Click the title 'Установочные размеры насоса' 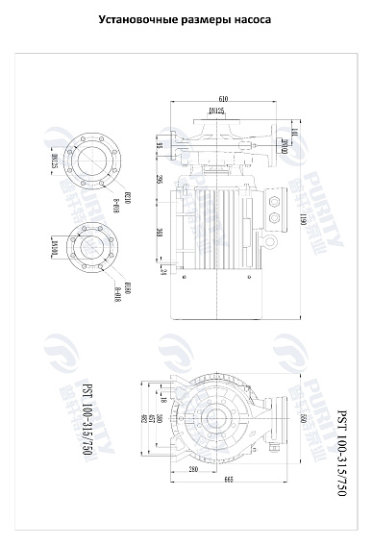click(x=186, y=18)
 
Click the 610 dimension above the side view click(x=223, y=99)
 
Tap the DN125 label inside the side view click(x=216, y=112)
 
